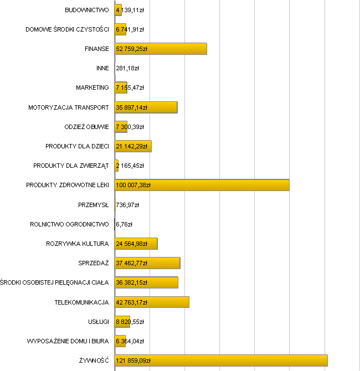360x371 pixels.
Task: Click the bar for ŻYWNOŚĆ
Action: pos(222,360)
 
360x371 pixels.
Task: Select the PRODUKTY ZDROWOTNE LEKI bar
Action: pos(202,185)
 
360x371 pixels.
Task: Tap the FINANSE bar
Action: pos(161,49)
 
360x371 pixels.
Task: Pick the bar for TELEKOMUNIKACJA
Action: pos(152,302)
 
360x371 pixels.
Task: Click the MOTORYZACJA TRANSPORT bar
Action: pos(146,107)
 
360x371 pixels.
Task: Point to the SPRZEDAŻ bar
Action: pos(147,263)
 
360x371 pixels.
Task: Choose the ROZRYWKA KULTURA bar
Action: pos(136,244)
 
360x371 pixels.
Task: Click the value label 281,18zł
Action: pos(127,69)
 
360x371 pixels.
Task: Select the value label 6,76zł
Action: pos(125,224)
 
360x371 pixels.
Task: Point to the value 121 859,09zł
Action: pos(133,360)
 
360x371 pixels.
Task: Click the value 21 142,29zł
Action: pos(132,146)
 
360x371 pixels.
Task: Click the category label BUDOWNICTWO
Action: pos(87,10)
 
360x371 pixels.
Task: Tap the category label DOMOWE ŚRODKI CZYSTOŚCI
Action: pos(68,29)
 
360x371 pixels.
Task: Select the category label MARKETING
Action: pos(92,87)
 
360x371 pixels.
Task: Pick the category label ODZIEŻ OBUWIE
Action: pos(87,127)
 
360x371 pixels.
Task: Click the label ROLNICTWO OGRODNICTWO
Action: pos(70,224)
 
